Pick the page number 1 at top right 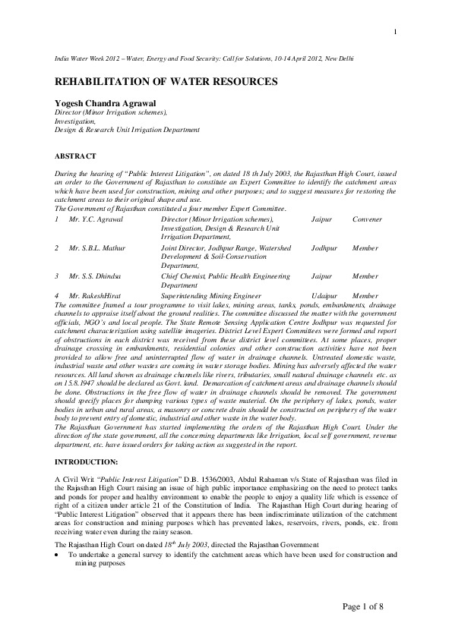[396, 31]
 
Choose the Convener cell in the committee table [368, 219]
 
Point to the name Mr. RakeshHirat [96, 295]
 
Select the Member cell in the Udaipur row [365, 295]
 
